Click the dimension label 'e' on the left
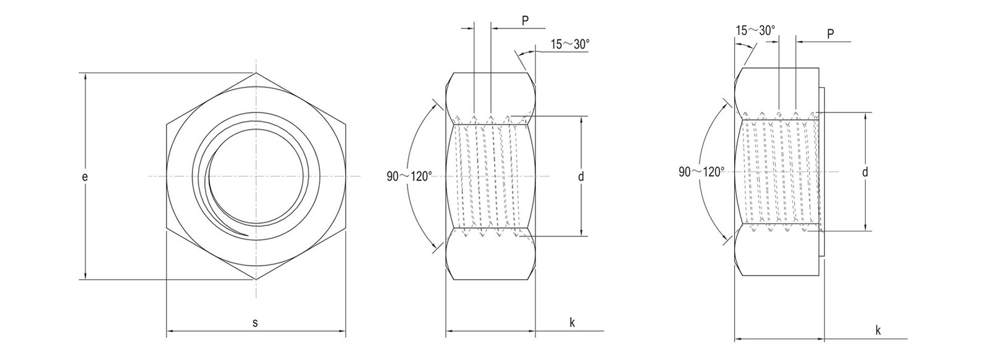(x=85, y=177)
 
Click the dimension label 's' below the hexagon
(x=256, y=322)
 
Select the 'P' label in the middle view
(x=525, y=20)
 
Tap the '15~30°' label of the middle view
(x=570, y=44)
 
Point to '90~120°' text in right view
(x=701, y=172)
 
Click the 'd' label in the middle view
(x=581, y=177)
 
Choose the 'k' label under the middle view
(x=572, y=322)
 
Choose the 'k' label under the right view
(x=877, y=330)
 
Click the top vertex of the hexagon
(x=256, y=73)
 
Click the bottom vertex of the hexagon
(x=256, y=280)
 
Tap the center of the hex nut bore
(x=256, y=177)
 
